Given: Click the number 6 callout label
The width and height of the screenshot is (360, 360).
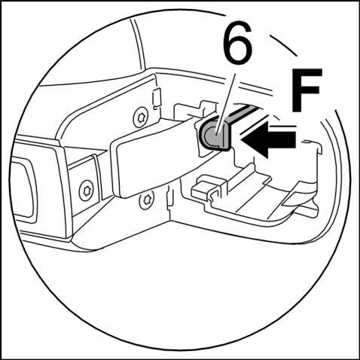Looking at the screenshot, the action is [238, 44].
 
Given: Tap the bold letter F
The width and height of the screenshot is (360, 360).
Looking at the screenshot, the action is [307, 90].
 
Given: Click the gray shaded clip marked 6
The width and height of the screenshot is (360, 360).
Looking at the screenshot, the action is [214, 135].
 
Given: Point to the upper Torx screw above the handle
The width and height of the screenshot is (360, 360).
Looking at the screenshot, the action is [140, 117].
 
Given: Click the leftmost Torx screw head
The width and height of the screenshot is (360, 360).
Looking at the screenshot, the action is [86, 191].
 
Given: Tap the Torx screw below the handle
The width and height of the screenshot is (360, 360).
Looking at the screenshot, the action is [146, 200].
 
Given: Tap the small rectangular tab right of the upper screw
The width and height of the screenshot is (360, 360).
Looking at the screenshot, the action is [157, 98].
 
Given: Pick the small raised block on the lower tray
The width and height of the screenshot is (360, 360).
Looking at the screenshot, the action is [205, 188].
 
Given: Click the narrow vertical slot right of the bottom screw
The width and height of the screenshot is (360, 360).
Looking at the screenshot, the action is [170, 198].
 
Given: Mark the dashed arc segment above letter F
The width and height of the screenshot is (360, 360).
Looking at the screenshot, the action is [283, 45].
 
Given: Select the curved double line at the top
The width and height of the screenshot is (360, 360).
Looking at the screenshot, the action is [138, 44].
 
